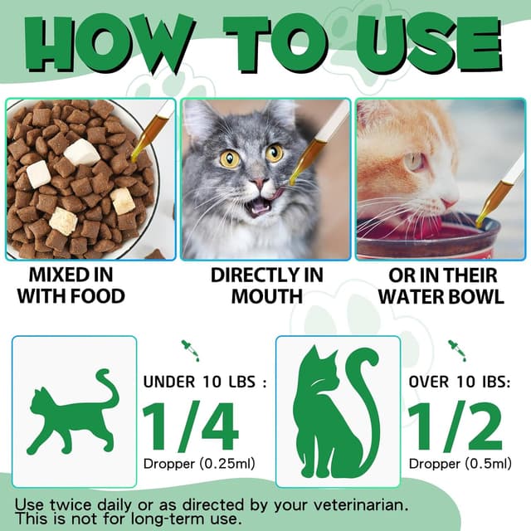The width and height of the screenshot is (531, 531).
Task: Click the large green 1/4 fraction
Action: click(192, 426)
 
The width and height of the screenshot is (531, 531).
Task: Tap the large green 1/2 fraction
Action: click(455, 426)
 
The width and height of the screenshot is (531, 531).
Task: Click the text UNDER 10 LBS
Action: click(204, 382)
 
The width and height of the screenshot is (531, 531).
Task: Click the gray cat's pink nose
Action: click(260, 184)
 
